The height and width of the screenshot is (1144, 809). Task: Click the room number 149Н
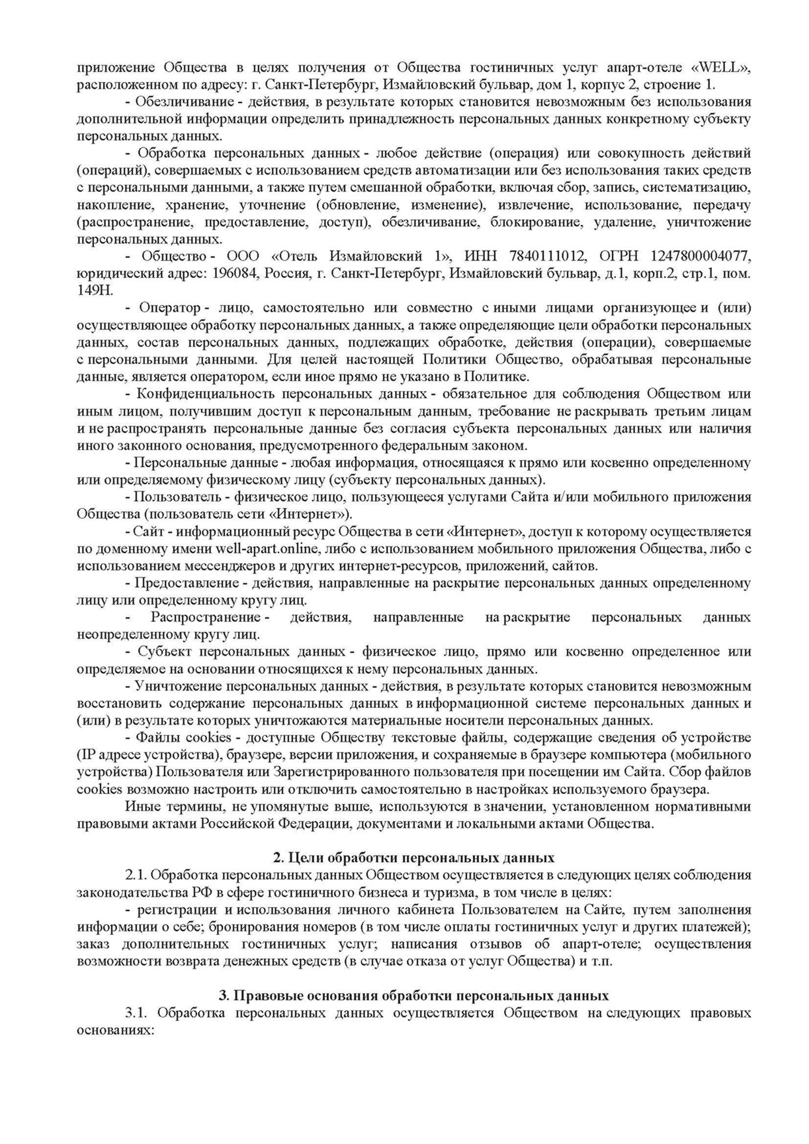pos(96,291)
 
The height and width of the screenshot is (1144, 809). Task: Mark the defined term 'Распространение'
pos(207,618)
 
